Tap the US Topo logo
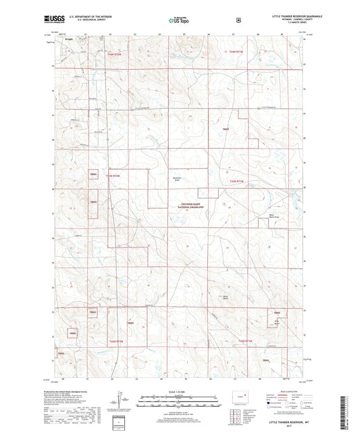point(180,20)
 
